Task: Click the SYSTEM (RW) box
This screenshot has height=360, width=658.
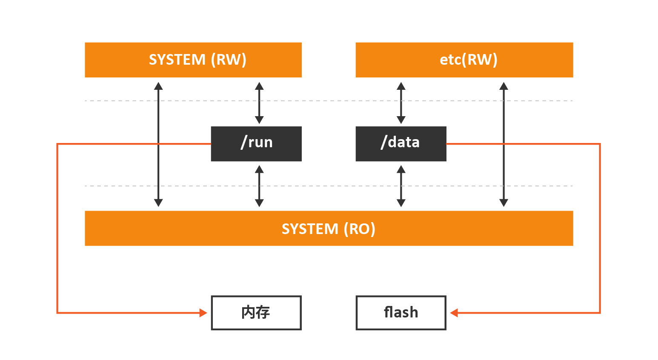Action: tap(193, 60)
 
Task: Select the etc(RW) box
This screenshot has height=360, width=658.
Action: tap(464, 60)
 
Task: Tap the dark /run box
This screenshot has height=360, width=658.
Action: tap(256, 144)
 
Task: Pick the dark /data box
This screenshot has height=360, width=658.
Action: tap(401, 144)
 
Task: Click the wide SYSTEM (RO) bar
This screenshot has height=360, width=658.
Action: tap(329, 228)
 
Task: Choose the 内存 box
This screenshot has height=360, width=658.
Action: tap(256, 313)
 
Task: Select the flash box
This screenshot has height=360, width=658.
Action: tap(401, 313)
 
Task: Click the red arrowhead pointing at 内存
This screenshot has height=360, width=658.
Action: tap(203, 313)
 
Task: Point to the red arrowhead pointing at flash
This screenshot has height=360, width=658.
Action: tap(454, 313)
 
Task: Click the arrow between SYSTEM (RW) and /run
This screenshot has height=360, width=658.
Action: tap(259, 103)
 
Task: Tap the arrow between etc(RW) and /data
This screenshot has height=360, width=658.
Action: tap(401, 103)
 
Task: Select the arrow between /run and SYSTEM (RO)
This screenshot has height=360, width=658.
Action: tap(259, 186)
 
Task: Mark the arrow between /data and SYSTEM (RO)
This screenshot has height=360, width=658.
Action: tap(401, 186)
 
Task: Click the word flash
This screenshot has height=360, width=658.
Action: tap(401, 312)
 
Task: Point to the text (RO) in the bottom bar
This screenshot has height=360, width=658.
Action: tap(360, 229)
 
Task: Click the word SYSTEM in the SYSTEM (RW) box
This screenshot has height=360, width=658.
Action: tap(177, 60)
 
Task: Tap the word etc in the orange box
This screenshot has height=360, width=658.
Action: tap(450, 60)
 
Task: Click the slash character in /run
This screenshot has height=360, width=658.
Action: tap(244, 142)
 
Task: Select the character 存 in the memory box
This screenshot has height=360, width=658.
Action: tap(263, 312)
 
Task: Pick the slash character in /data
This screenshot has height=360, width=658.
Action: tap(384, 142)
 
